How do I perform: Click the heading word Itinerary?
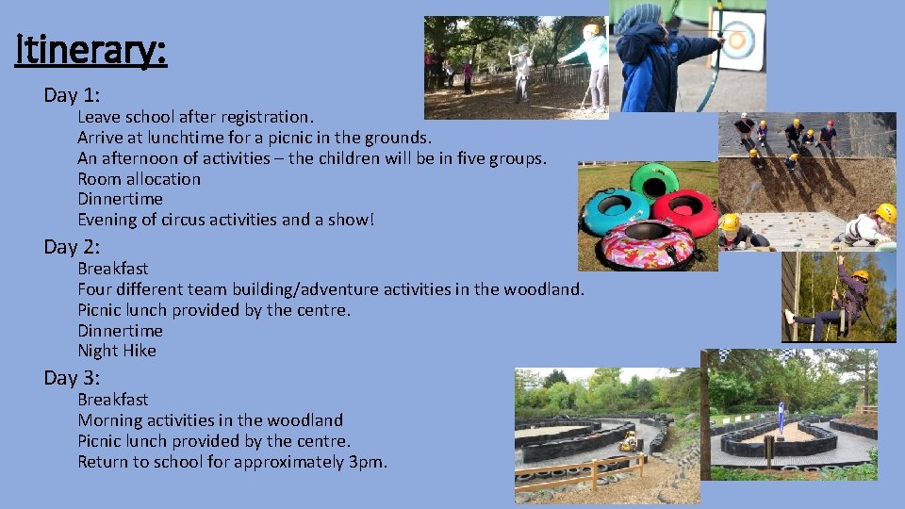click(91, 50)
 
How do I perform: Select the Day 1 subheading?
click(72, 95)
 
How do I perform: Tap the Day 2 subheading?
click(72, 247)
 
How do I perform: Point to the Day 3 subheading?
click(72, 378)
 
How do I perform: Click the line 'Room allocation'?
click(139, 179)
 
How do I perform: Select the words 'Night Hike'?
click(117, 351)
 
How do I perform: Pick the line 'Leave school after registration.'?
click(195, 117)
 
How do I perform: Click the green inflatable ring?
click(654, 179)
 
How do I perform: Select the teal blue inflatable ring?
click(615, 210)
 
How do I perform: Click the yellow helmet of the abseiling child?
click(860, 276)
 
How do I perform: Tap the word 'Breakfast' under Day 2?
click(112, 269)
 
